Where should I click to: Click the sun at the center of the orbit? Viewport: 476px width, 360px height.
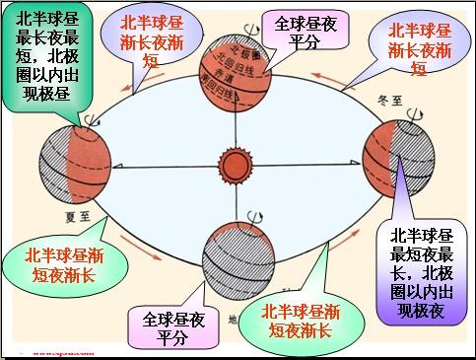tap(236, 162)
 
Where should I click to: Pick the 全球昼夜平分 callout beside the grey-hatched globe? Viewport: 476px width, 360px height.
tap(172, 329)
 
